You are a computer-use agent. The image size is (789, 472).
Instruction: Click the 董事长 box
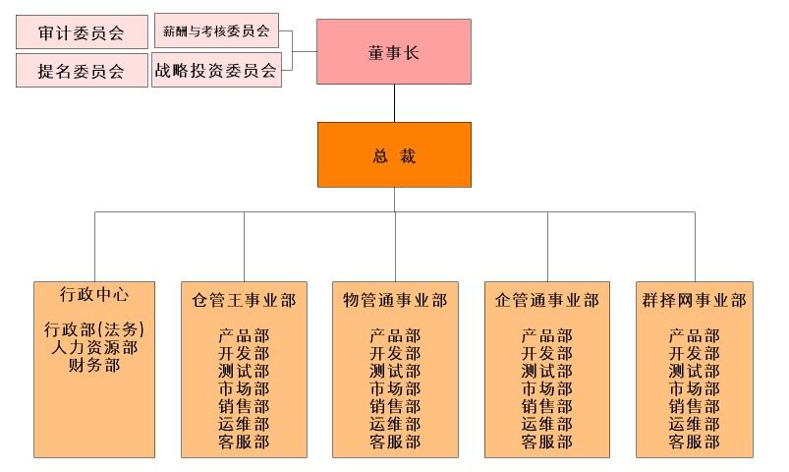(393, 52)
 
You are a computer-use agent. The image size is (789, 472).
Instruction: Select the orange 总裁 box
(393, 154)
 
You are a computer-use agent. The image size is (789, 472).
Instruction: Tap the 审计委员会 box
(82, 32)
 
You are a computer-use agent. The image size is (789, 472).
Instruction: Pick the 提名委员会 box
(82, 71)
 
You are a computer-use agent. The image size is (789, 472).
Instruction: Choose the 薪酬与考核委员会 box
(216, 31)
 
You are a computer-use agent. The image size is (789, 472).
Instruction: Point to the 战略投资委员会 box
(216, 70)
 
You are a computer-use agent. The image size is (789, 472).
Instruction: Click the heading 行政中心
(94, 294)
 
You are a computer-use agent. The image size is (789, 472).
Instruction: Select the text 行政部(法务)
(94, 329)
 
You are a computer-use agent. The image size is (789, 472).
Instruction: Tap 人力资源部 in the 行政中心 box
(94, 347)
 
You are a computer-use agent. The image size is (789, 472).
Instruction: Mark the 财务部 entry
(94, 365)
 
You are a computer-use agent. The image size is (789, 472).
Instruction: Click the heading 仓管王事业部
(244, 300)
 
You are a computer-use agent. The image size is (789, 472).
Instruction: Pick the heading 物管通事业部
(395, 300)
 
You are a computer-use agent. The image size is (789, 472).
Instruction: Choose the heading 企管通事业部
(546, 300)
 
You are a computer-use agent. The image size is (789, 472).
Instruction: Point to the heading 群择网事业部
(695, 300)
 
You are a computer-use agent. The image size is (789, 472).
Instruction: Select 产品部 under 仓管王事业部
(244, 336)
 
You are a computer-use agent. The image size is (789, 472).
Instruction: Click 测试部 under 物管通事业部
(395, 372)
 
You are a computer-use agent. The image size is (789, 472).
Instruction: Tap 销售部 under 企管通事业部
(546, 407)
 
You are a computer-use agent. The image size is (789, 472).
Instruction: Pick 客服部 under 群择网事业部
(695, 442)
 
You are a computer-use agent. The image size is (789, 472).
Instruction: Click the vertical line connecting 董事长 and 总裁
(394, 103)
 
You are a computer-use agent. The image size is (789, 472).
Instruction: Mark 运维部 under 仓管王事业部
(244, 425)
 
